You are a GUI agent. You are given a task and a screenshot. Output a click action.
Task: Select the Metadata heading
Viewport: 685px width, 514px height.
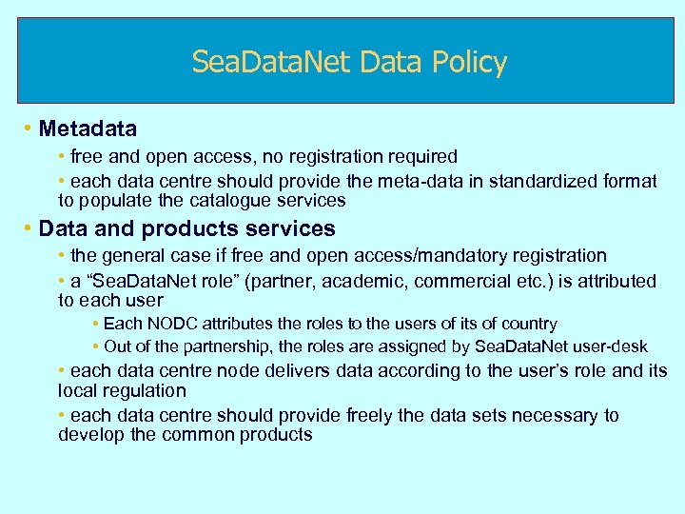[x=88, y=128]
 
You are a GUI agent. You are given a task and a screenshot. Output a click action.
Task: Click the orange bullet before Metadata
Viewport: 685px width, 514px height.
[x=29, y=128]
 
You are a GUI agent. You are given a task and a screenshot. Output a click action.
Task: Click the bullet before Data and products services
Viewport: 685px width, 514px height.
[x=29, y=228]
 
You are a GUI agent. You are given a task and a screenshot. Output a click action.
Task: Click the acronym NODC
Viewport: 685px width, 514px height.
[x=170, y=325]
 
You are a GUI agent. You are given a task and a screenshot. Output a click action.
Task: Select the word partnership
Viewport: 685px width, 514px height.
[x=222, y=346]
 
